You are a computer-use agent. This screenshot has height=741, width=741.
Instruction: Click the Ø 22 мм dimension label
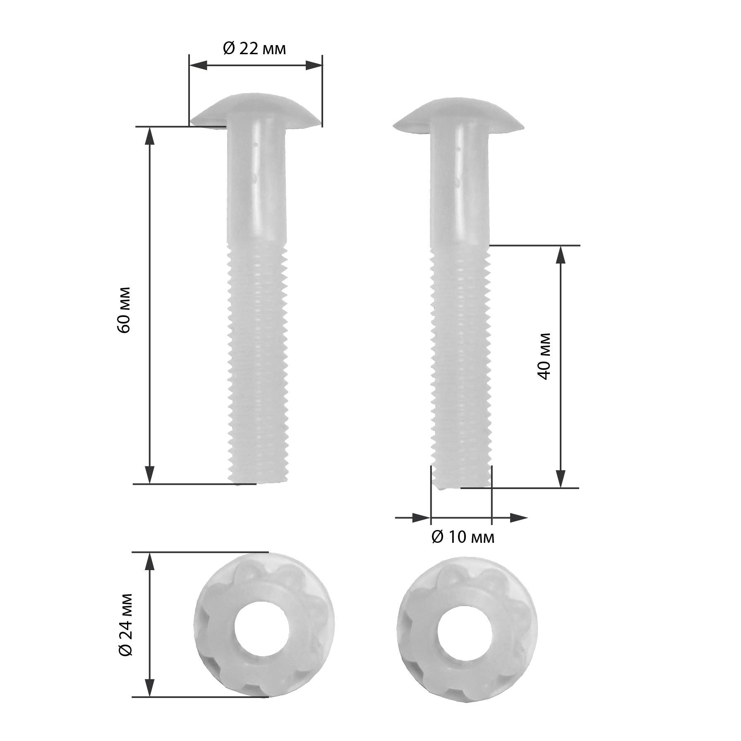(x=254, y=49)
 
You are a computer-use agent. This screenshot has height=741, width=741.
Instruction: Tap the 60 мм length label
(x=124, y=309)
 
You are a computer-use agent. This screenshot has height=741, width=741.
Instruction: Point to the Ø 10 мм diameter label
(x=463, y=537)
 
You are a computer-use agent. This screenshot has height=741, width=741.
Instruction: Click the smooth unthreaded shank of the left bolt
(x=257, y=182)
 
